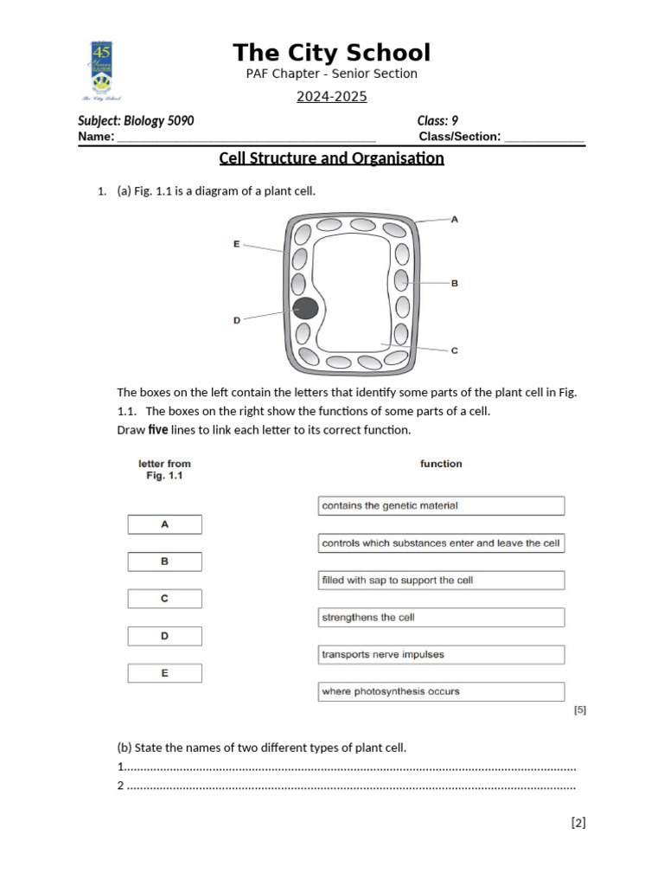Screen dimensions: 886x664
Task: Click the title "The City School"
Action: click(331, 53)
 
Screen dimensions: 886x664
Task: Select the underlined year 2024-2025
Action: click(332, 97)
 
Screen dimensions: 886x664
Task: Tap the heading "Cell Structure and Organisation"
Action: click(332, 158)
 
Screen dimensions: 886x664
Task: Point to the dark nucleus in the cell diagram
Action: click(304, 308)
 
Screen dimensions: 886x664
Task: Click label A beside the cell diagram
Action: click(455, 220)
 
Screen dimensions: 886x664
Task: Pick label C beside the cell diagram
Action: click(455, 350)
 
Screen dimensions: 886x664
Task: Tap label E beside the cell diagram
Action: click(236, 244)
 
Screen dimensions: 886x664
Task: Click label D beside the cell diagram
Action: click(237, 320)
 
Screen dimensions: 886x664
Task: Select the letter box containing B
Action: click(164, 562)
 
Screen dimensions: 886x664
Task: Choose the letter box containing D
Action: click(164, 636)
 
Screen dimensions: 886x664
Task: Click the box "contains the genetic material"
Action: click(441, 505)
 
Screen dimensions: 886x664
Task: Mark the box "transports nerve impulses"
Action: click(441, 655)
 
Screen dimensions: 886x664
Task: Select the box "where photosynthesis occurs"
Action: click(441, 691)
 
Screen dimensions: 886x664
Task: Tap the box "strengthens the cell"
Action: click(441, 618)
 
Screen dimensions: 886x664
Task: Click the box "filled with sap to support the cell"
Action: click(441, 581)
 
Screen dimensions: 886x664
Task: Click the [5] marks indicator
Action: click(579, 710)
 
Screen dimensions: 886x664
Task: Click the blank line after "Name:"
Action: click(246, 138)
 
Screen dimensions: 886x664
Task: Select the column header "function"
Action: click(441, 464)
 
